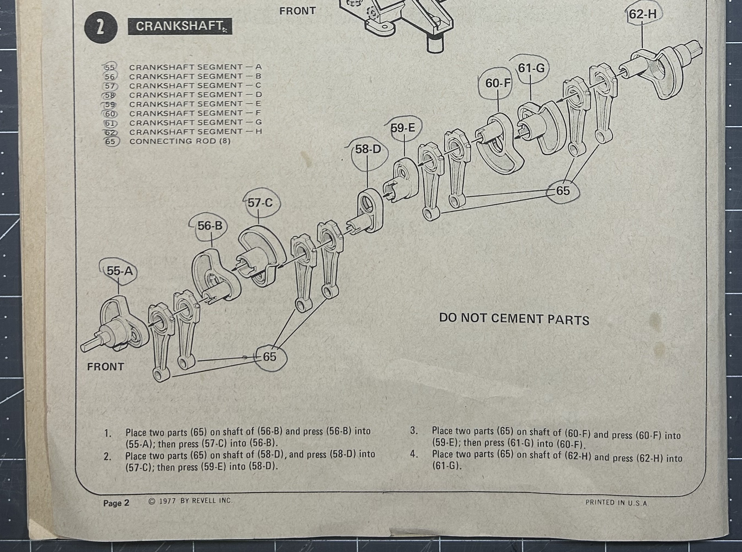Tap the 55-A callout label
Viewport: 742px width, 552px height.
(x=119, y=271)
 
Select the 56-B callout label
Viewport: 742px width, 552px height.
(x=210, y=226)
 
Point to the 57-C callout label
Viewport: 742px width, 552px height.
(x=260, y=203)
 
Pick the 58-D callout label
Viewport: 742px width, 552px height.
(x=368, y=149)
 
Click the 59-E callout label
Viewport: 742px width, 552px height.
(x=403, y=128)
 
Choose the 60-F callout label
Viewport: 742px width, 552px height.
(x=498, y=83)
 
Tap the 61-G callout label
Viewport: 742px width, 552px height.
(x=531, y=68)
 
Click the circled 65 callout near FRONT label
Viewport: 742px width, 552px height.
(x=270, y=357)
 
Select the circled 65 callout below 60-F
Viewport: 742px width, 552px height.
(x=563, y=191)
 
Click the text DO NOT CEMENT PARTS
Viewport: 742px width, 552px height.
(x=514, y=319)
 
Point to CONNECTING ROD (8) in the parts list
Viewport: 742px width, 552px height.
(x=180, y=141)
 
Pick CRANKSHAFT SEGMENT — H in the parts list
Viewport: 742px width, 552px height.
(x=195, y=132)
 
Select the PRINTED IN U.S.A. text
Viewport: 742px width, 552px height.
(x=617, y=503)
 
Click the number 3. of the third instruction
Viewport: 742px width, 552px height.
(x=414, y=430)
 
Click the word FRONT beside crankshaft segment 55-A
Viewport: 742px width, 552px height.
(x=105, y=367)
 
